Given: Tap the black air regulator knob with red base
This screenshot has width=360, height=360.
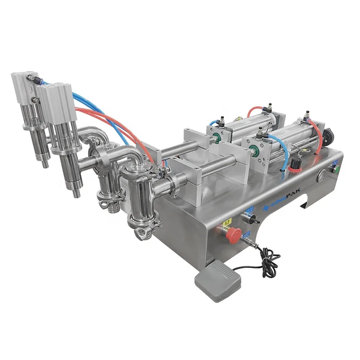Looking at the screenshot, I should [297, 162].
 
